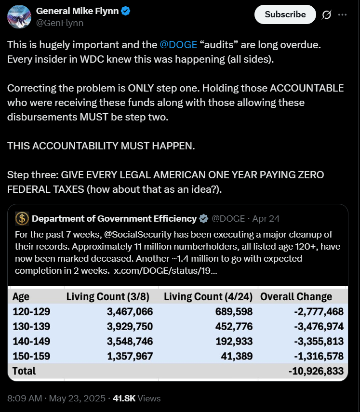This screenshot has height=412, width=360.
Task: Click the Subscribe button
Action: (285, 14)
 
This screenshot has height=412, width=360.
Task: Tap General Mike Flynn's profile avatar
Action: (19, 15)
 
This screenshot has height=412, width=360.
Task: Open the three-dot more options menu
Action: (342, 15)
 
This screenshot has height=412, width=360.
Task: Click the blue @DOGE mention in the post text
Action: (178, 45)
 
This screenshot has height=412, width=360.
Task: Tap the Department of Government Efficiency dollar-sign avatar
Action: (22, 219)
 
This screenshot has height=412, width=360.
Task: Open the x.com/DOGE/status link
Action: (165, 271)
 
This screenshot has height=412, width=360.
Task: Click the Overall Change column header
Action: (296, 297)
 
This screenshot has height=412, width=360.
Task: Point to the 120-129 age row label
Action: (31, 312)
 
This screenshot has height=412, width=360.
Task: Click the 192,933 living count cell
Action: (233, 342)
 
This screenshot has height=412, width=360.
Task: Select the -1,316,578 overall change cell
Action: (319, 357)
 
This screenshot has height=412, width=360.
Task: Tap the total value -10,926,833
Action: (316, 371)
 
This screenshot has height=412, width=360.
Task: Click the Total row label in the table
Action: (24, 371)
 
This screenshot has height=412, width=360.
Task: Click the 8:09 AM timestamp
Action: (25, 399)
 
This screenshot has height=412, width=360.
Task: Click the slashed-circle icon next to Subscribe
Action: (326, 15)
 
